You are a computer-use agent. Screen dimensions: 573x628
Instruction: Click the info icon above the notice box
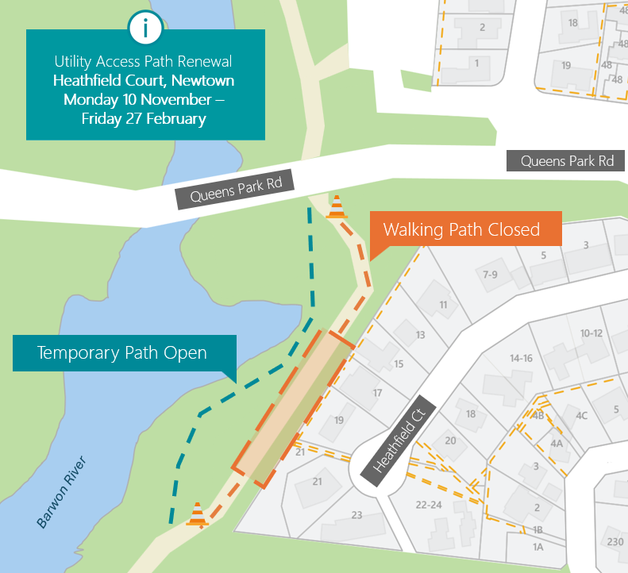tap(144, 29)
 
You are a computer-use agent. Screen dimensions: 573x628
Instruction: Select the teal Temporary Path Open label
tap(122, 353)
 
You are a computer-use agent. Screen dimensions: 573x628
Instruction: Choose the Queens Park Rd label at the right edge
tap(567, 161)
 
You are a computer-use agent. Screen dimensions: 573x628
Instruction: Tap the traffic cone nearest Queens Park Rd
tap(337, 207)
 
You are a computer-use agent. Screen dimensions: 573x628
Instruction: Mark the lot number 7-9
tap(490, 275)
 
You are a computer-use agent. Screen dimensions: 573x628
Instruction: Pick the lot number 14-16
tap(521, 358)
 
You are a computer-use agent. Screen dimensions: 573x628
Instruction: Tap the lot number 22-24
tap(428, 505)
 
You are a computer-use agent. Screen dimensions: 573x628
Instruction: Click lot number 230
tap(615, 542)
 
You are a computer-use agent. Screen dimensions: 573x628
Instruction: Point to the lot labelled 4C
tap(581, 415)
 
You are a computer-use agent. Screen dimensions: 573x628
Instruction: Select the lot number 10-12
tap(591, 333)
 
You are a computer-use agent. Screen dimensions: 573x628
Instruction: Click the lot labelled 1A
tap(537, 547)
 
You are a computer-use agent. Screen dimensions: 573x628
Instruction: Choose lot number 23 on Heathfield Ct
tap(356, 515)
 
